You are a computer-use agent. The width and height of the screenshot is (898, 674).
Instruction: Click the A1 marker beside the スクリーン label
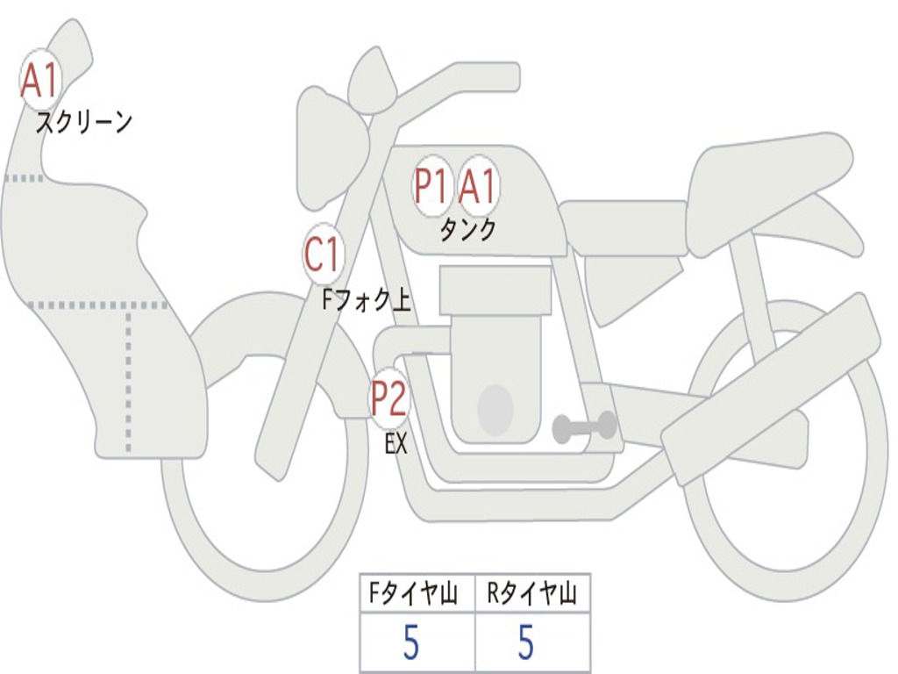pyautogui.click(x=39, y=81)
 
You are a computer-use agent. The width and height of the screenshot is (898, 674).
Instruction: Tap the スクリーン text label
pyautogui.click(x=83, y=122)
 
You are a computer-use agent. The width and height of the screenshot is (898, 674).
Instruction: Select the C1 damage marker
pyautogui.click(x=323, y=255)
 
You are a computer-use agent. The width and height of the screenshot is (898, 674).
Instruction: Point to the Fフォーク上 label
pyautogui.click(x=366, y=301)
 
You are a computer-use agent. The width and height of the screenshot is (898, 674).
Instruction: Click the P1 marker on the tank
pyautogui.click(x=432, y=186)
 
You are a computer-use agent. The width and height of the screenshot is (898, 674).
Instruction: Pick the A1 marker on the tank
pyautogui.click(x=479, y=186)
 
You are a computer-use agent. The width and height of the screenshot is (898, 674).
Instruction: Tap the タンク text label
pyautogui.click(x=467, y=230)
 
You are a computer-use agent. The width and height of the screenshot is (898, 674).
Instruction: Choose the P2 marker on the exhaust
pyautogui.click(x=388, y=398)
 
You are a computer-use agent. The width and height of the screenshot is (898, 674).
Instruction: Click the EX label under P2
pyautogui.click(x=396, y=444)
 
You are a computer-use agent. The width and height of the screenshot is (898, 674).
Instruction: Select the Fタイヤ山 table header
pyautogui.click(x=417, y=596)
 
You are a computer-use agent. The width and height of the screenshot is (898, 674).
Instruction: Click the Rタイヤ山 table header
pyautogui.click(x=532, y=596)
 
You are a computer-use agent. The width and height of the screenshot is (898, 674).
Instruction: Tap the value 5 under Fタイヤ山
pyautogui.click(x=411, y=644)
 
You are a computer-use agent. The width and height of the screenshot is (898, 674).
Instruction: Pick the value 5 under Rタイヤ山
pyautogui.click(x=525, y=644)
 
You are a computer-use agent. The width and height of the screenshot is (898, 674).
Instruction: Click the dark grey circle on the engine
pyautogui.click(x=495, y=409)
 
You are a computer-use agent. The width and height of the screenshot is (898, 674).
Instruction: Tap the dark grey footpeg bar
pyautogui.click(x=584, y=427)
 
